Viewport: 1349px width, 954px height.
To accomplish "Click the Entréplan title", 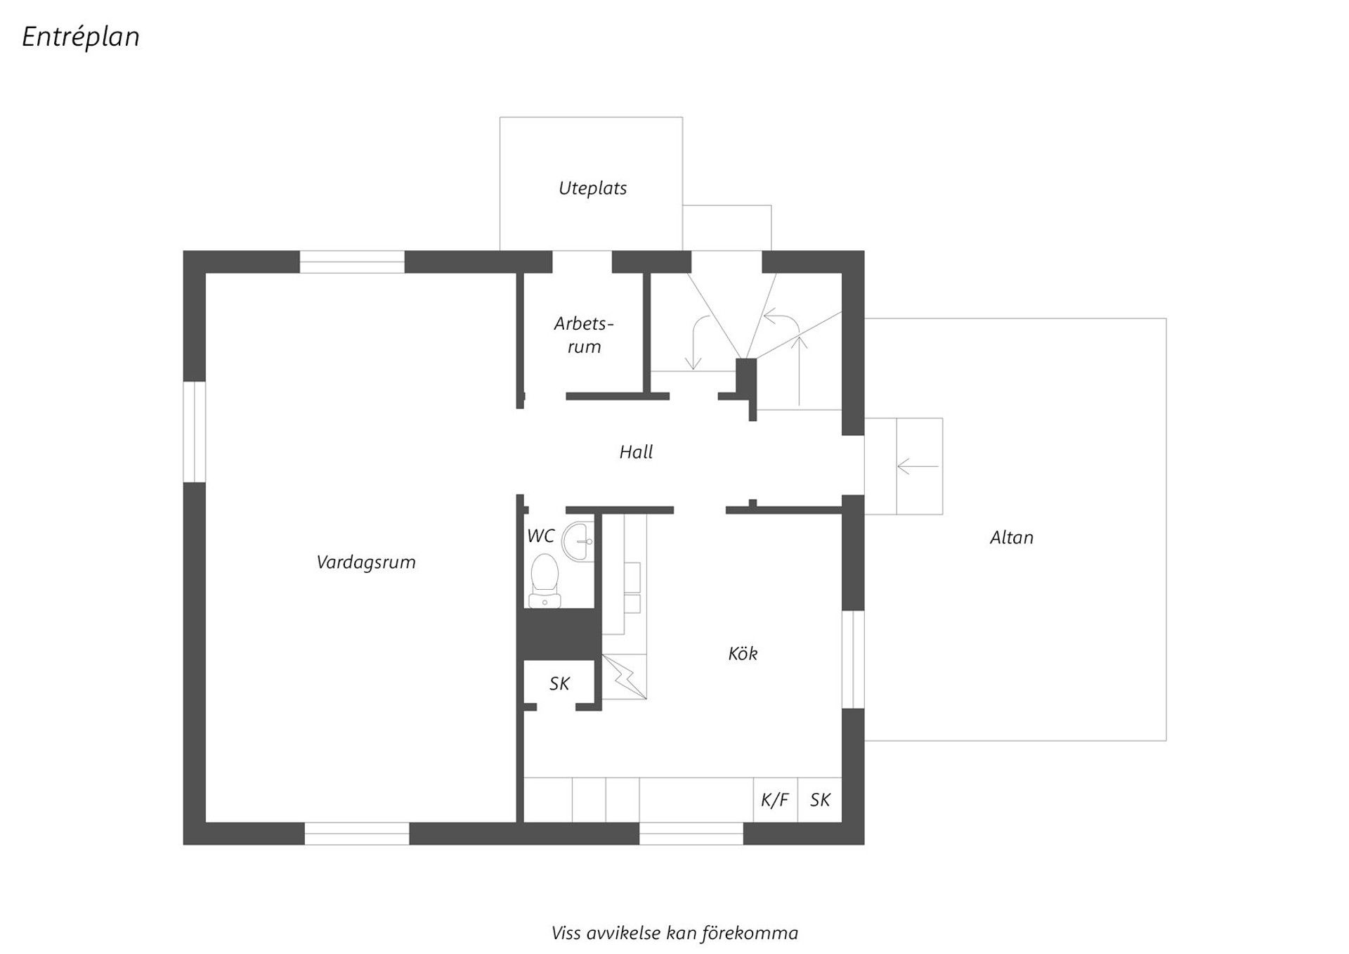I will (x=81, y=37).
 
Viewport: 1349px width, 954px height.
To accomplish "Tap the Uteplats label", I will (x=592, y=188).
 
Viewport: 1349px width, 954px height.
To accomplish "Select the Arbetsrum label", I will (x=583, y=335).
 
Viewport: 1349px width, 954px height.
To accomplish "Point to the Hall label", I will (x=636, y=452).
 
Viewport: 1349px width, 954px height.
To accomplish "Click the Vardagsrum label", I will (x=365, y=562).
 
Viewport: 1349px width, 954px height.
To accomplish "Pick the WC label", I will (x=540, y=536).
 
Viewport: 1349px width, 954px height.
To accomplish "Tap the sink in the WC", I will (x=581, y=541).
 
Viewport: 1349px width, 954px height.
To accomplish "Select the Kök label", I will (x=743, y=654).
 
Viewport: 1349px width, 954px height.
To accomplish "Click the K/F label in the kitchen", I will (x=774, y=800).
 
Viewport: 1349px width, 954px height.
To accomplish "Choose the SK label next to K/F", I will (x=820, y=800).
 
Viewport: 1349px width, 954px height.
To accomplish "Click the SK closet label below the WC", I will (x=559, y=683).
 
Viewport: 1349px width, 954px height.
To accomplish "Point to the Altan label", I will (x=1011, y=538).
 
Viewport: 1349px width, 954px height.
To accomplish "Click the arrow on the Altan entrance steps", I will (x=918, y=466).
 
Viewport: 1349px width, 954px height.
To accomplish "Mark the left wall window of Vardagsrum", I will (x=194, y=432).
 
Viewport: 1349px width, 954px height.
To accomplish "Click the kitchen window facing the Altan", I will (x=852, y=659).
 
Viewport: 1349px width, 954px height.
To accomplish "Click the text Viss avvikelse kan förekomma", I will (x=674, y=934).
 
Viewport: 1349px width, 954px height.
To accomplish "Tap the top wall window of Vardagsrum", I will (x=352, y=262).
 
